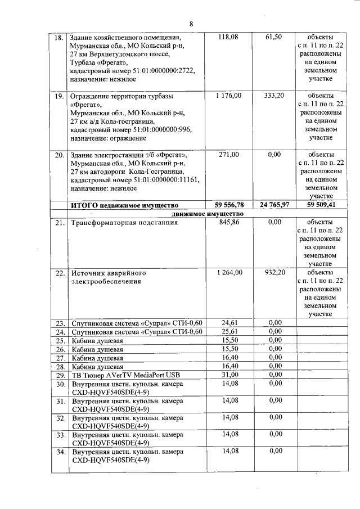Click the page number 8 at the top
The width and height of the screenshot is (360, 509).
(x=191, y=24)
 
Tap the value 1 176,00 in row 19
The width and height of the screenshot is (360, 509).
(x=228, y=96)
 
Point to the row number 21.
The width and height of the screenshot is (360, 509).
(x=58, y=223)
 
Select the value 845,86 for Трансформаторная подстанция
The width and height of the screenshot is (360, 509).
(x=228, y=223)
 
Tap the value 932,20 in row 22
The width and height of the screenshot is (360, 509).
(x=274, y=273)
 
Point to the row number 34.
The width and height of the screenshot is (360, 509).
(x=58, y=452)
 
